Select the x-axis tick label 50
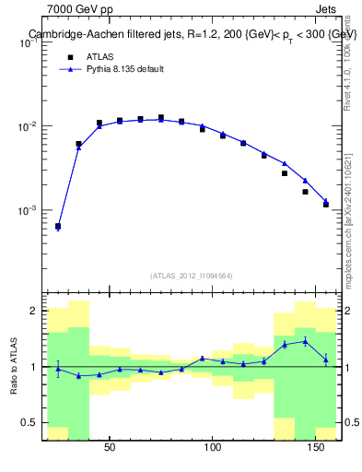click(110, 448)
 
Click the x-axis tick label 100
click(213, 448)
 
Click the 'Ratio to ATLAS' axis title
click(12, 367)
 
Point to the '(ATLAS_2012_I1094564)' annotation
click(192, 276)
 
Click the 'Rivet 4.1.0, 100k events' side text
click(347, 65)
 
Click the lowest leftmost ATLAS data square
click(58, 226)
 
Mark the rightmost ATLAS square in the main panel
click(326, 204)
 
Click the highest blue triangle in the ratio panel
click(305, 341)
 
